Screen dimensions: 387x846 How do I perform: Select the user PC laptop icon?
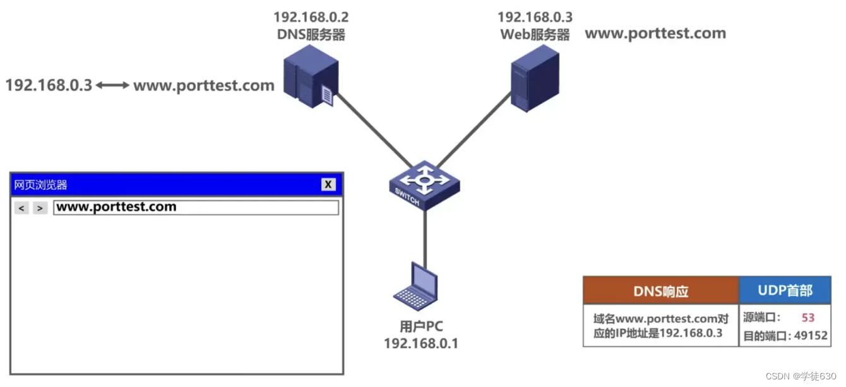coord(416,288)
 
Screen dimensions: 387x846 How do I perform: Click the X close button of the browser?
coord(328,184)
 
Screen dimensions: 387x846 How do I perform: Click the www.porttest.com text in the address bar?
coord(117,207)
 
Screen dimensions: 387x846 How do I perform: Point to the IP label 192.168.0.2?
coord(311,17)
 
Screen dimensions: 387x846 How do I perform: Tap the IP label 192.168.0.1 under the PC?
coord(421,343)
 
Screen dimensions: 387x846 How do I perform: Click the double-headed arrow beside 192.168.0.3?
coord(113,85)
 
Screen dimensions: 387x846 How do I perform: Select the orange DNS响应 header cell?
coord(660,291)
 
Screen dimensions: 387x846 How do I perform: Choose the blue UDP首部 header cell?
coord(785,290)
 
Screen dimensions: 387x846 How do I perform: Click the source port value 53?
coord(808,318)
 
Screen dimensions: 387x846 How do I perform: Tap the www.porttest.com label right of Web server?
coord(655,34)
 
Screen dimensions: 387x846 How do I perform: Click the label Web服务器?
coord(535,35)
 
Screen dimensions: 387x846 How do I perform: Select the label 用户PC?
coord(421,327)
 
